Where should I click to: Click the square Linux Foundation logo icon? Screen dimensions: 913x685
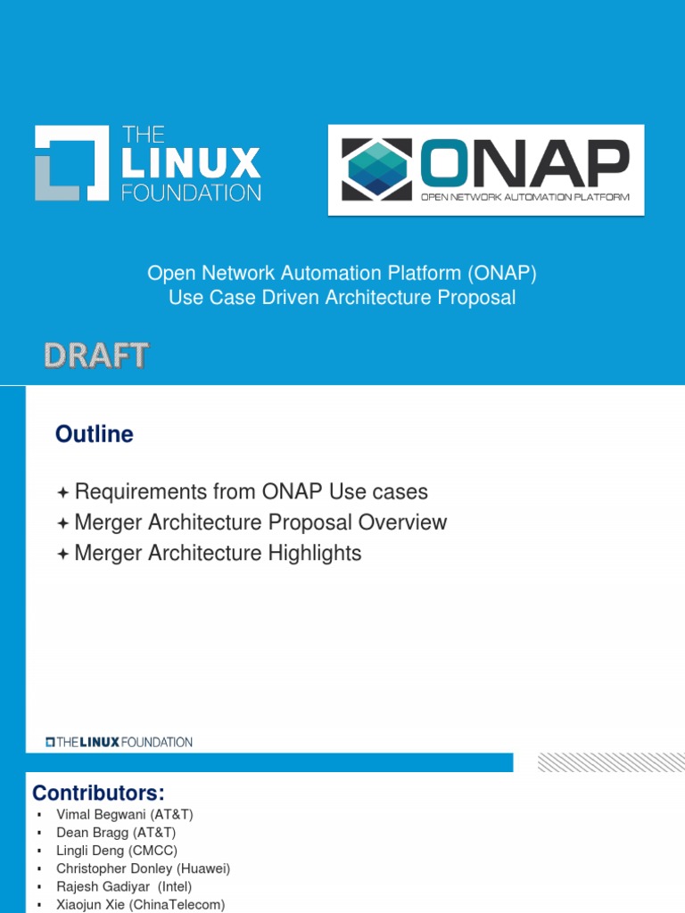point(70,163)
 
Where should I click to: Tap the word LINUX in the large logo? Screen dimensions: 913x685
point(191,164)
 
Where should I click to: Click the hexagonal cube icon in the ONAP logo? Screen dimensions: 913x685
point(377,169)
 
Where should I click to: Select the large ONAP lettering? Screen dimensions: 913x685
point(524,160)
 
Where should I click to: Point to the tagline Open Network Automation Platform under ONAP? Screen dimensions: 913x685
point(532,198)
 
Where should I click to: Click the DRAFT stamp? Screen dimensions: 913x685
point(96,357)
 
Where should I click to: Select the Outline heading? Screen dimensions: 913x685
point(95,434)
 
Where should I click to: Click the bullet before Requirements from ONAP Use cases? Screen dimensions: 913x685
point(62,492)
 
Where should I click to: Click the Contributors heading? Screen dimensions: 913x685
point(99,794)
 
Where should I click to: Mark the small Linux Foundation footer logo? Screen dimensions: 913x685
point(120,742)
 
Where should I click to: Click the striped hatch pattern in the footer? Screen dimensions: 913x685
point(612,762)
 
